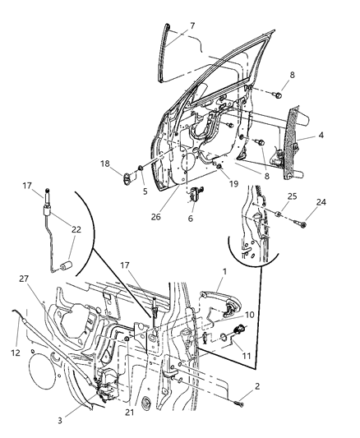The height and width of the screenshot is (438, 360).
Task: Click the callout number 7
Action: click(192, 26)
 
